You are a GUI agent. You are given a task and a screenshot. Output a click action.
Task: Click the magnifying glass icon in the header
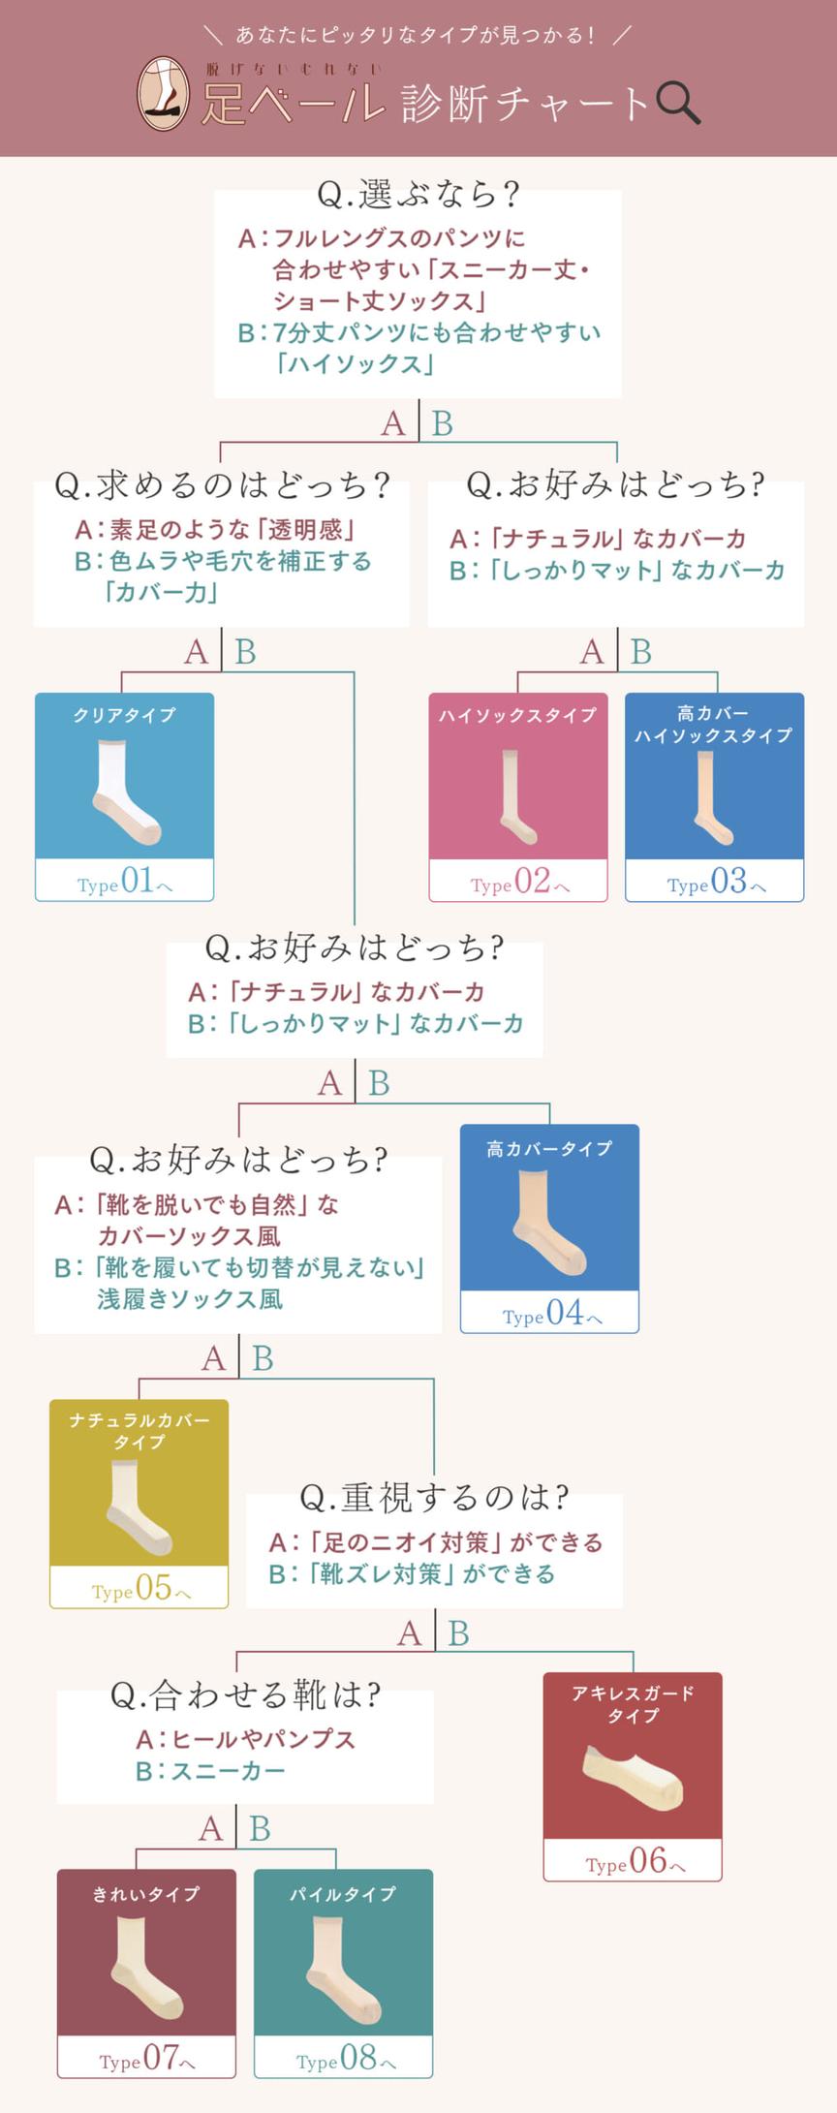(x=677, y=102)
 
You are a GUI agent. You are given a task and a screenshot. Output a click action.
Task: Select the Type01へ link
(x=125, y=881)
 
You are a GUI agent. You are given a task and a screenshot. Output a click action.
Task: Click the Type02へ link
(x=519, y=881)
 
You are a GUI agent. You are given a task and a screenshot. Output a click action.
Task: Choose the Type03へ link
(x=715, y=881)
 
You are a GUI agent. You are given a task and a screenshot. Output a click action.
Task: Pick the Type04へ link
(x=550, y=1313)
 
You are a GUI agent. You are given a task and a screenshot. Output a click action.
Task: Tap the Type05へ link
(x=139, y=1588)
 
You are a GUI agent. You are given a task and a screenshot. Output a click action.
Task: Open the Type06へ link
(x=634, y=1860)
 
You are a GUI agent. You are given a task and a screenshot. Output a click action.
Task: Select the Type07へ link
(x=146, y=2057)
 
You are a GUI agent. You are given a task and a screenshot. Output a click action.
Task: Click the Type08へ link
(x=344, y=2057)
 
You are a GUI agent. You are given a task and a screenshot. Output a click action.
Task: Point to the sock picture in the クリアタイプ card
(x=125, y=790)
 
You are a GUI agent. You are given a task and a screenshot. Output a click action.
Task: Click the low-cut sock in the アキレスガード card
(x=634, y=1777)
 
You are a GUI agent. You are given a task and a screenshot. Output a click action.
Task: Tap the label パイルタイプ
(x=343, y=1893)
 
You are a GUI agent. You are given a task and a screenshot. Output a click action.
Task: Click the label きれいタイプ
(x=146, y=1893)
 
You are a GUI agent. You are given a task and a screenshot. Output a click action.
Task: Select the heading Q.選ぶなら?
(x=418, y=195)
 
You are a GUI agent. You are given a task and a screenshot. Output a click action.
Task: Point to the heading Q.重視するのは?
(x=434, y=1498)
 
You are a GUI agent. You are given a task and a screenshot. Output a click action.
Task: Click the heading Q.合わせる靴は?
(x=245, y=1694)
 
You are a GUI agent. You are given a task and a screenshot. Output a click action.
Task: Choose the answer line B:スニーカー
(x=210, y=1771)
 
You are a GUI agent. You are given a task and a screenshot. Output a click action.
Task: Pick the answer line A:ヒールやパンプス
(x=245, y=1739)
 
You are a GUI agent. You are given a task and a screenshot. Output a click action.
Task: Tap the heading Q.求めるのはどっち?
(x=222, y=484)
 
